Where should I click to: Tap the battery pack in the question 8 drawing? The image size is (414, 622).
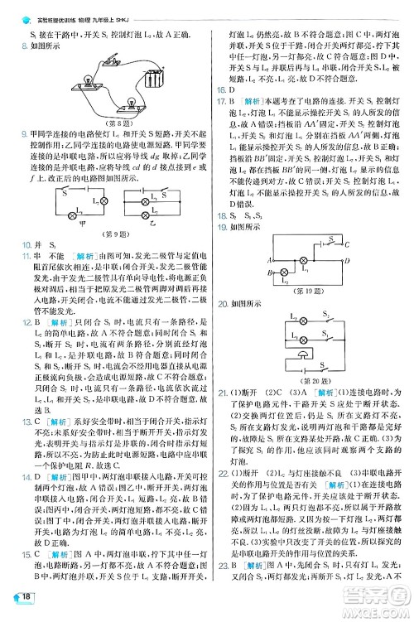153,80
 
